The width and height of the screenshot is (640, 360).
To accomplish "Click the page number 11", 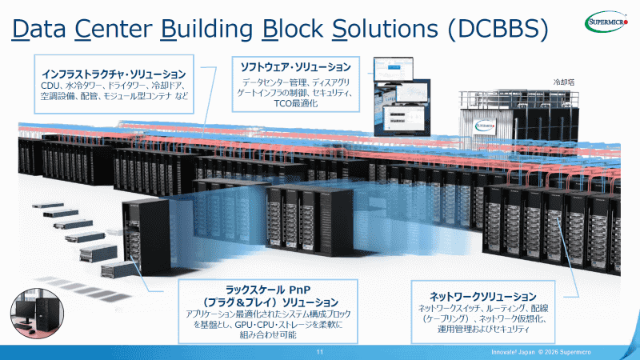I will (319, 352).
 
